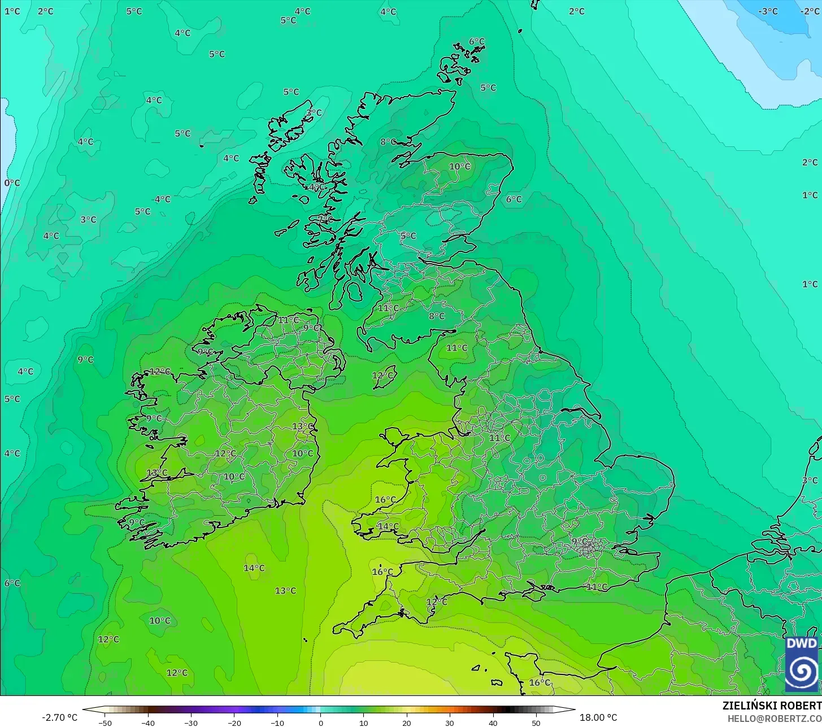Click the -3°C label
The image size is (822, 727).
tap(768, 11)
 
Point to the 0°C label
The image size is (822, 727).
tap(12, 183)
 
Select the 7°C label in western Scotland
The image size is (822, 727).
tap(325, 219)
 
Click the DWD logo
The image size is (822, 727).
tap(802, 663)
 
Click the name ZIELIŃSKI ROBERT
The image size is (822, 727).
tap(771, 706)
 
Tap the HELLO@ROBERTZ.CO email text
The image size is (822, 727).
tap(774, 719)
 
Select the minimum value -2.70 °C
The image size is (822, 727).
tap(59, 717)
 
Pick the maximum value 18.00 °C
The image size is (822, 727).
tap(598, 717)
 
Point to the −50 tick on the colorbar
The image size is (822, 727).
tap(105, 723)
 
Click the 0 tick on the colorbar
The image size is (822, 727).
tap(320, 723)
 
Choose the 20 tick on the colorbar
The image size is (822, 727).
tap(407, 723)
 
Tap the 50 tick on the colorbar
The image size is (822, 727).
tap(536, 723)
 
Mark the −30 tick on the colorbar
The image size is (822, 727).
tap(191, 723)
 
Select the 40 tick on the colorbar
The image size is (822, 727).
tap(493, 723)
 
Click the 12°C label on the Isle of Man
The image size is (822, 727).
tap(382, 376)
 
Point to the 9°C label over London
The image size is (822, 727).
tap(580, 541)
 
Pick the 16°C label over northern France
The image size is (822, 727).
tap(539, 682)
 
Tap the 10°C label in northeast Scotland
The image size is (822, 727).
tap(460, 167)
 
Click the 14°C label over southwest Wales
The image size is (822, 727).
tap(388, 526)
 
